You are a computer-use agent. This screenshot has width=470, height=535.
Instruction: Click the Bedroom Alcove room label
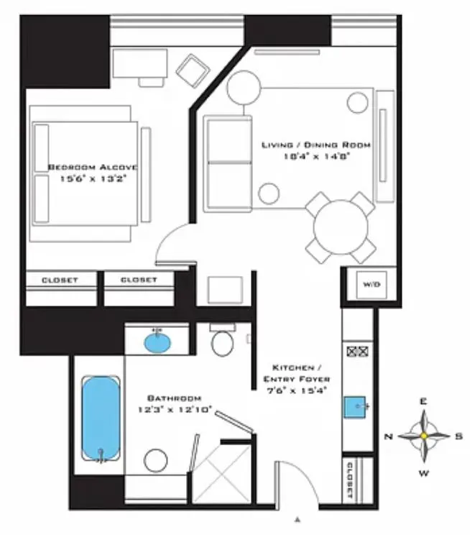92,167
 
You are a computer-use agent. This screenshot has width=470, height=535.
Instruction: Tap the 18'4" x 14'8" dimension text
315,157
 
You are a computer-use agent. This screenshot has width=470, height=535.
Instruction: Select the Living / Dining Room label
315,145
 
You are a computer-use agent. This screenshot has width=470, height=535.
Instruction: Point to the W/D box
357,285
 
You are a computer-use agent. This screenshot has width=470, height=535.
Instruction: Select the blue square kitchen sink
356,408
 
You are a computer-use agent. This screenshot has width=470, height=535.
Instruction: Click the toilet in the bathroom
223,342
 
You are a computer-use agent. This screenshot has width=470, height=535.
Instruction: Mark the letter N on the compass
388,436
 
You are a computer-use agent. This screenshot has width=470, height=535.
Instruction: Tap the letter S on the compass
459,436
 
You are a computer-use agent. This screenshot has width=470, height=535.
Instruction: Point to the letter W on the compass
424,472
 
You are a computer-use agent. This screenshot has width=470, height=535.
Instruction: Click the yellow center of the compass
424,436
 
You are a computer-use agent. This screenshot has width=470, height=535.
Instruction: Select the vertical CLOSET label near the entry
349,480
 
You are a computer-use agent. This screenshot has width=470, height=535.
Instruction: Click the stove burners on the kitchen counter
356,352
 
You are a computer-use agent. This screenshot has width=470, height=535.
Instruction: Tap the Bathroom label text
174,398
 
